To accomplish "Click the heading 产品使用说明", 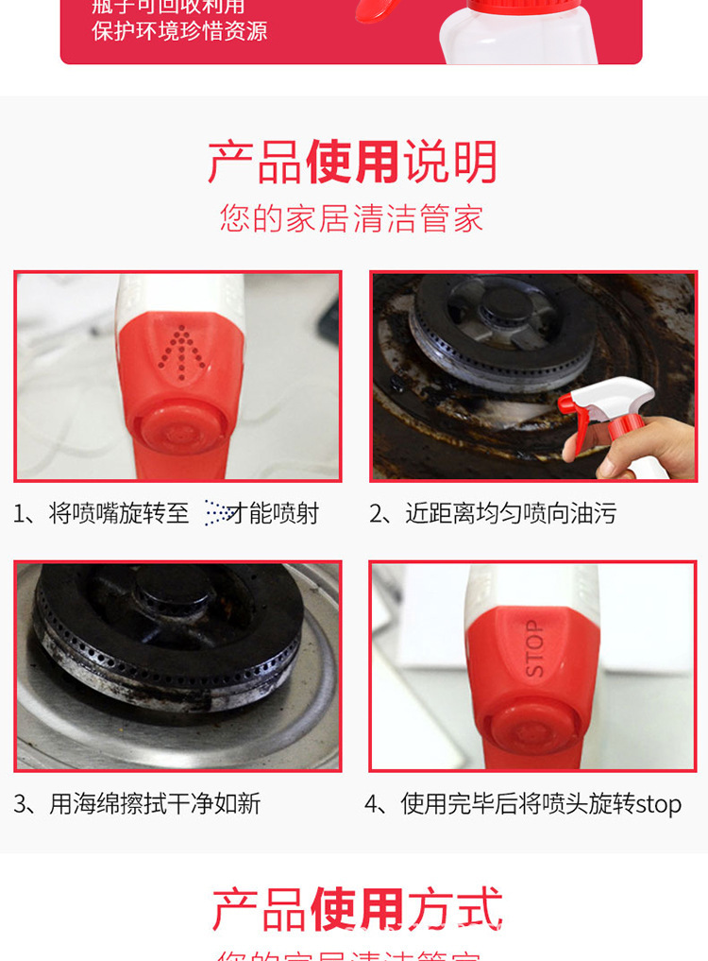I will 352,163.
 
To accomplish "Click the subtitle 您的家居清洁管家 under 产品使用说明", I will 352,218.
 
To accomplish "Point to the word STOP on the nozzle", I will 534,648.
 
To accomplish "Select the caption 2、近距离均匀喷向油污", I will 492,513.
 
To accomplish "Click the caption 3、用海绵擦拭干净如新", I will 137,804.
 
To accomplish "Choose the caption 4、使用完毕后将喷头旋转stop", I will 523,804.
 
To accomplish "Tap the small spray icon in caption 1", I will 218,513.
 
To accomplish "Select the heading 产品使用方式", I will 357,909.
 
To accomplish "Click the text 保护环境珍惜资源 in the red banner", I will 179,30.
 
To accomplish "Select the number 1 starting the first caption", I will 19,513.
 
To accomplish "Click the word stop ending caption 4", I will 658,804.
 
